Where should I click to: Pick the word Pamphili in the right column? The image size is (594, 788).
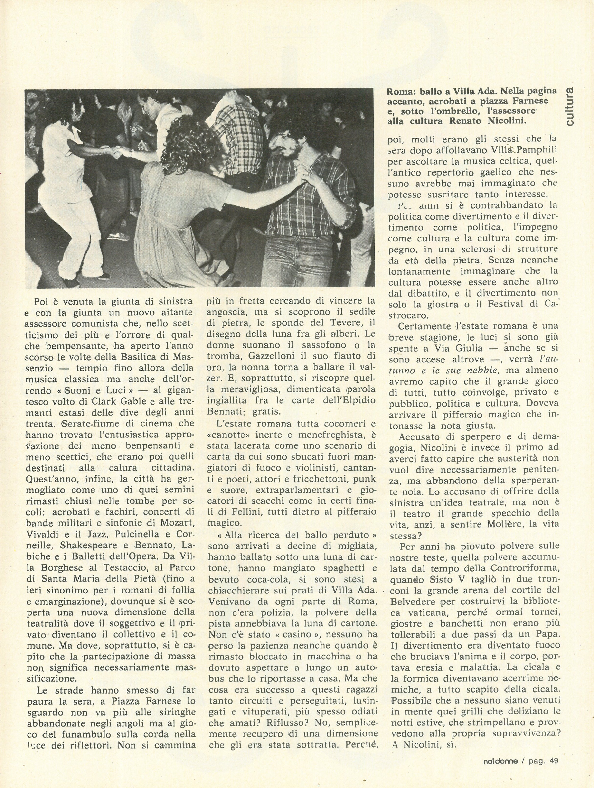[x=537, y=150]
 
